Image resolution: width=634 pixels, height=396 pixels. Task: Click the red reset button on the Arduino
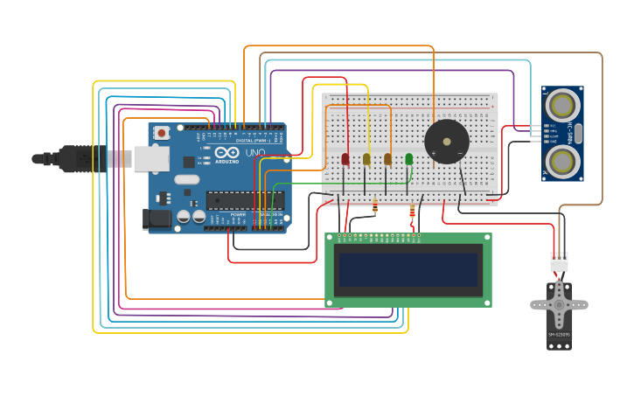point(161,133)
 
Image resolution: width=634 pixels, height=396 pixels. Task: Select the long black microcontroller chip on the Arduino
point(244,200)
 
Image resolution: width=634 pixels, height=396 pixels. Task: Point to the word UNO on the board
point(255,153)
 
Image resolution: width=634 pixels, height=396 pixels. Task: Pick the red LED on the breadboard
point(345,159)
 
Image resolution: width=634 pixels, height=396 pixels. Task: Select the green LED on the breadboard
point(408,159)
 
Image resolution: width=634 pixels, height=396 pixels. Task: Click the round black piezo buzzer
point(447,142)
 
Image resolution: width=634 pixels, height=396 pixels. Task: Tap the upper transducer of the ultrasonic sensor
point(561,106)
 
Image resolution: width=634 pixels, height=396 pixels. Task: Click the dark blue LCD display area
point(408,270)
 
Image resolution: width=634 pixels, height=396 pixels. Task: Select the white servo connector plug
point(558,261)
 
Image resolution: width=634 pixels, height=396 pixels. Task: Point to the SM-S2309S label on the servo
point(559,335)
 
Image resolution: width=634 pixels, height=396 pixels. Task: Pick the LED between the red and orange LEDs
point(366,159)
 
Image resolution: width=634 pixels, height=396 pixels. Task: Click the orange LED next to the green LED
point(387,159)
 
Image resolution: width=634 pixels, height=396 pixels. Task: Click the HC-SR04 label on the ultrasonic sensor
point(578,133)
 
